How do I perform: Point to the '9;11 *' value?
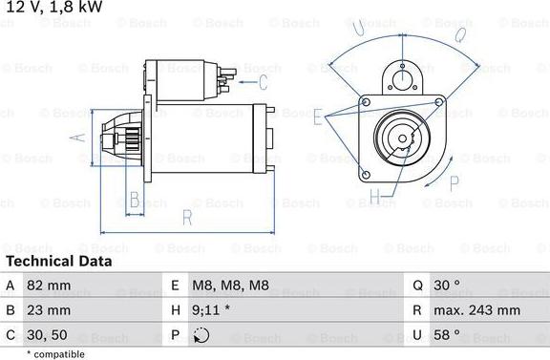(212, 310)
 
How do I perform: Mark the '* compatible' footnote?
(56, 353)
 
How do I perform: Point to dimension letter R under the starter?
(187, 218)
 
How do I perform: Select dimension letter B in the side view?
(135, 200)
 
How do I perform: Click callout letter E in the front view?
(317, 116)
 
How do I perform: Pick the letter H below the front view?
(375, 198)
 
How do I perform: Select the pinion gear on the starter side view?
(120, 140)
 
